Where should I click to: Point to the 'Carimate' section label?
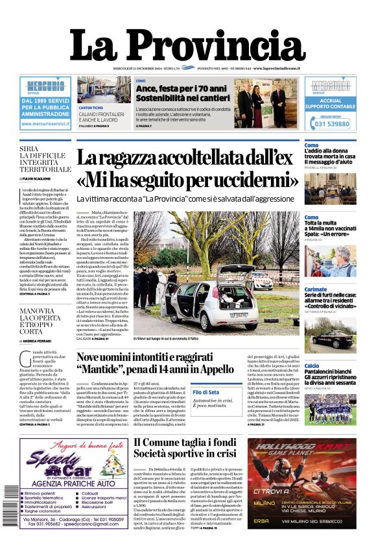click(x=316, y=289)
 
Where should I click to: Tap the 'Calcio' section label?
click(x=312, y=366)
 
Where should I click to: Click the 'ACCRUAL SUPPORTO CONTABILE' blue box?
click(x=330, y=104)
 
